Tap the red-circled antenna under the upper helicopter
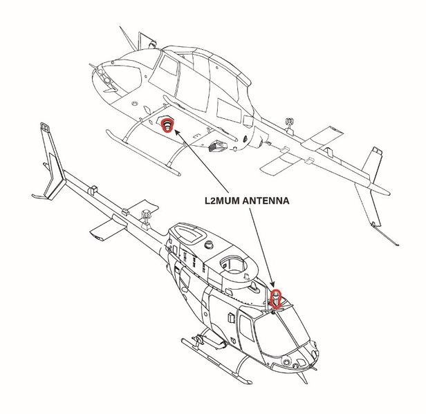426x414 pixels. [x=167, y=125]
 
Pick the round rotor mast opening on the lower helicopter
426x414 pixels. [x=234, y=264]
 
